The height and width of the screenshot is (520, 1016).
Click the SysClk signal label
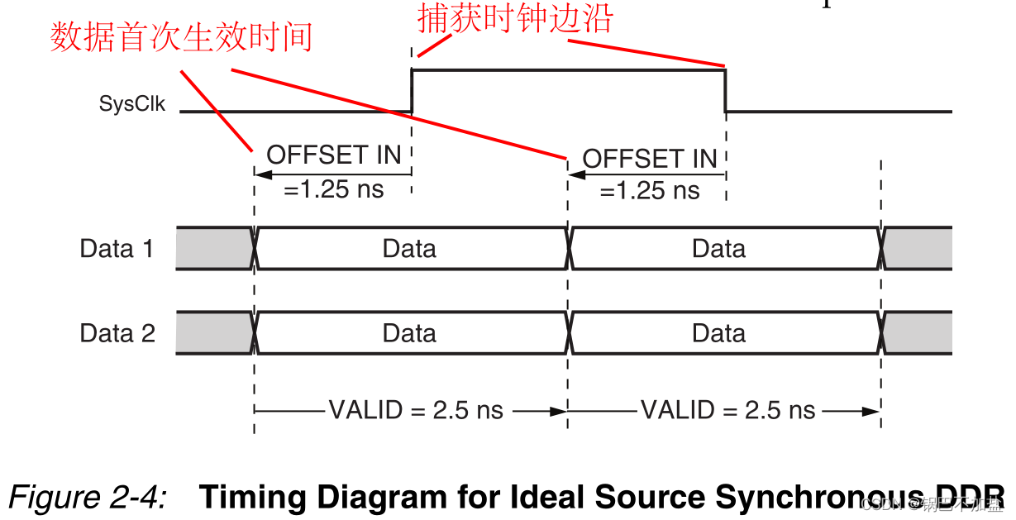pyautogui.click(x=132, y=104)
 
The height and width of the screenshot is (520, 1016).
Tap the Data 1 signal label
pyautogui.click(x=117, y=249)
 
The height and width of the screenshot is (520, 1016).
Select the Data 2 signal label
pyautogui.click(x=117, y=333)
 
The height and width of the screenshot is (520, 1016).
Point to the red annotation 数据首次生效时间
pyautogui.click(x=181, y=38)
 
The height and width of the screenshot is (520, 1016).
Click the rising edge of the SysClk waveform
pyautogui.click(x=412, y=91)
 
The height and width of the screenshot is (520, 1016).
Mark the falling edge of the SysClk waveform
pyautogui.click(x=725, y=91)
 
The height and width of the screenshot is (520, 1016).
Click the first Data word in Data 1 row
pyautogui.click(x=409, y=249)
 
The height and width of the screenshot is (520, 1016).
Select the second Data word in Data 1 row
pyautogui.click(x=718, y=249)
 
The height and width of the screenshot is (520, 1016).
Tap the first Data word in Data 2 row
pyautogui.click(x=409, y=333)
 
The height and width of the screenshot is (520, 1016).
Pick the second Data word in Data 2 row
pyautogui.click(x=718, y=333)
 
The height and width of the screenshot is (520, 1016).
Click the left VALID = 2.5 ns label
pyautogui.click(x=416, y=410)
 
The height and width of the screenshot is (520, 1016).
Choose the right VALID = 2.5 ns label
pyautogui.click(x=728, y=410)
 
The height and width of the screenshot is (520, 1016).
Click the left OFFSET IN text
pyautogui.click(x=333, y=155)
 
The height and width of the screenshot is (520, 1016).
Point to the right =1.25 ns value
pyautogui.click(x=650, y=191)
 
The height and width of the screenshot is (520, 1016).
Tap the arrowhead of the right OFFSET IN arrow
pyautogui.click(x=575, y=174)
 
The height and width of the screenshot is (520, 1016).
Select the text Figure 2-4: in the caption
pyautogui.click(x=87, y=497)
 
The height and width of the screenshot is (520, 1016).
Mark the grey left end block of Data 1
pyautogui.click(x=212, y=249)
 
